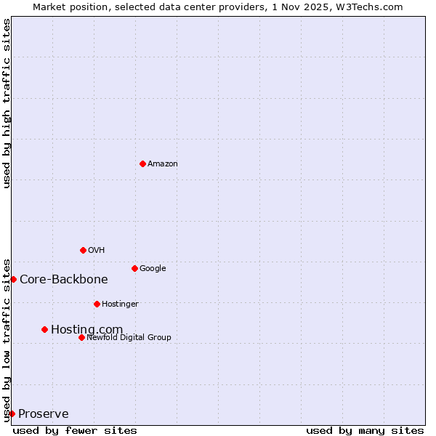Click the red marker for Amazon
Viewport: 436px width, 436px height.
142,163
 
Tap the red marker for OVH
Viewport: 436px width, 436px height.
83,250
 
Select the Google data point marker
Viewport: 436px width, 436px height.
134,268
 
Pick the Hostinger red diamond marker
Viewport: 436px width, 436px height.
97,304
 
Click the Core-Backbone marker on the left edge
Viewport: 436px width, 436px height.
13,279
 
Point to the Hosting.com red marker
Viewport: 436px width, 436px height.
44,329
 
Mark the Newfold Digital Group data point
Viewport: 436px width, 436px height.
81,337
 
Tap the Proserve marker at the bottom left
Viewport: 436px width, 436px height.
12,413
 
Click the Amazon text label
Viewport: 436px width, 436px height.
163,164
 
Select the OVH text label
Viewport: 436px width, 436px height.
97,251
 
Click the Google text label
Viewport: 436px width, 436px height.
153,269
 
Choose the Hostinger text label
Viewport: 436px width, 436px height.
120,304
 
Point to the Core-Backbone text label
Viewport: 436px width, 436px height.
64,280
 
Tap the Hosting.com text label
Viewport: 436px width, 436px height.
86,330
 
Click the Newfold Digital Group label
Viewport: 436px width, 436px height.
129,338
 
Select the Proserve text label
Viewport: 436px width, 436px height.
44,414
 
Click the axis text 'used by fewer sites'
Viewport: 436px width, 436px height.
75,431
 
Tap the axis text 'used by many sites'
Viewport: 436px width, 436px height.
365,431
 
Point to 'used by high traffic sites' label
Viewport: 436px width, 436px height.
7,103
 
